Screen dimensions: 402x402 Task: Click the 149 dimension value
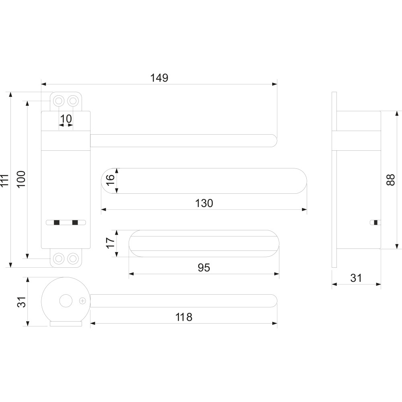[159, 78]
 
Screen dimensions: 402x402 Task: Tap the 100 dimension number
[22, 179]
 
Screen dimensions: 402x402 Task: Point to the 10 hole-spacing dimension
[66, 119]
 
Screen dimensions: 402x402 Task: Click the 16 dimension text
[110, 180]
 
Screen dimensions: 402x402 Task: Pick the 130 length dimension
[204, 203]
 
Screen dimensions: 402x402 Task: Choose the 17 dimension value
[110, 242]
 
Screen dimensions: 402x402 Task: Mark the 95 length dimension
[204, 267]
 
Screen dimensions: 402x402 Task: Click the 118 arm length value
[184, 317]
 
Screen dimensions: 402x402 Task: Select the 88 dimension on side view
[391, 180]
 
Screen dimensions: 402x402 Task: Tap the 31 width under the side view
[356, 278]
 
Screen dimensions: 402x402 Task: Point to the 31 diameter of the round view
[22, 302]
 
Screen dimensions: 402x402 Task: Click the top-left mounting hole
[59, 100]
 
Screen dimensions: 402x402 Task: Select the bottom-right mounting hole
[73, 258]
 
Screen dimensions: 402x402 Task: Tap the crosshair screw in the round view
[82, 301]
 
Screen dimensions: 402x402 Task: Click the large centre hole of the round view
[66, 301]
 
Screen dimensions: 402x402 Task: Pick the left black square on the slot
[57, 223]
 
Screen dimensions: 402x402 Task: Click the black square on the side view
[376, 223]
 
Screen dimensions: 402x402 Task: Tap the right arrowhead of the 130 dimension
[304, 210]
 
